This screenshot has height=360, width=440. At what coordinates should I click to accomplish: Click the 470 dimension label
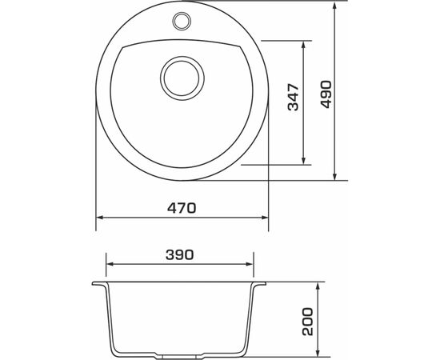pos(182,207)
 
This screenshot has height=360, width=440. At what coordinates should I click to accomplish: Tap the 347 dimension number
pos(294,98)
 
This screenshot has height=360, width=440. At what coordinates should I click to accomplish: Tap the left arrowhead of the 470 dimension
pos(99,217)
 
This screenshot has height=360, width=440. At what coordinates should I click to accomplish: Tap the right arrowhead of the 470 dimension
pos(263,217)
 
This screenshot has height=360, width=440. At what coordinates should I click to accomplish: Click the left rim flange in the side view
pos(100,285)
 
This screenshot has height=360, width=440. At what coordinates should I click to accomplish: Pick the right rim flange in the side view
pos(262,285)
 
